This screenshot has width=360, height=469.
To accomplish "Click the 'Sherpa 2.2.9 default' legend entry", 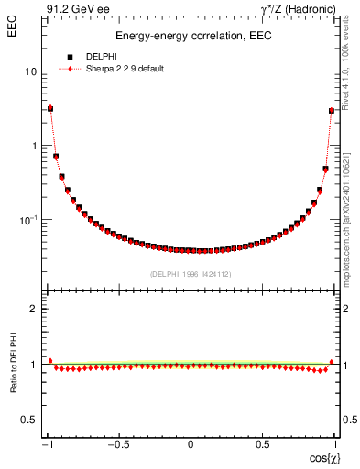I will pos(125,69).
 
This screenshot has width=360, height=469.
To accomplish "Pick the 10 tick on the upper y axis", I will pos(31,71).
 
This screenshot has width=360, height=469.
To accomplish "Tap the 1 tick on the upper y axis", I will pos(34,146).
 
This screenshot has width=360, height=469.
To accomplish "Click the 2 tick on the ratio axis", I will pos(34,309).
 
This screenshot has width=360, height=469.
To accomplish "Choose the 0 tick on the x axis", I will pos(191,445).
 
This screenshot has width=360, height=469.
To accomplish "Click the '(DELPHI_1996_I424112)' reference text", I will pos(191,274).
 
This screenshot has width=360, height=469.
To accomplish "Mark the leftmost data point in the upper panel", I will pos(50,108).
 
